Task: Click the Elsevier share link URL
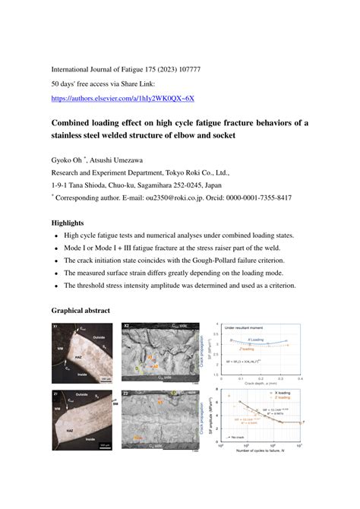tap(122, 98)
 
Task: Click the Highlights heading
tap(68, 223)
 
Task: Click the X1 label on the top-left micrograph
tap(56, 327)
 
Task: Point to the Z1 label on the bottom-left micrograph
tap(56, 395)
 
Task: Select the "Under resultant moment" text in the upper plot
tap(242, 328)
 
